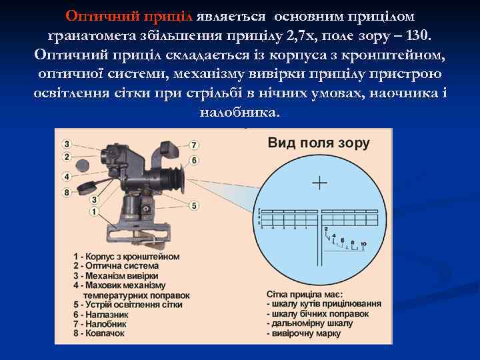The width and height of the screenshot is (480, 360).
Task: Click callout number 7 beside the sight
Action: pos(194,145)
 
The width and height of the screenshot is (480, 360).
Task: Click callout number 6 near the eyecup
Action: pos(194,160)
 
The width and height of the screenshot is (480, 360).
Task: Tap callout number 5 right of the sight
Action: pos(194,205)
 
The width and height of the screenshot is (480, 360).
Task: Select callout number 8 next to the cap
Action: pos(67,193)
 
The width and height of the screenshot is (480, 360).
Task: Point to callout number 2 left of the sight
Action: pos(67,157)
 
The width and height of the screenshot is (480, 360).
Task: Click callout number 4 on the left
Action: pos(67,177)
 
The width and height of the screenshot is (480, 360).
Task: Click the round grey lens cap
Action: pos(84,164)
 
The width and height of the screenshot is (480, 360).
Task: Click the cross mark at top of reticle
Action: pos(320,182)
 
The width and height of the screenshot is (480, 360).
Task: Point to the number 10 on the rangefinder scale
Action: pos(363,245)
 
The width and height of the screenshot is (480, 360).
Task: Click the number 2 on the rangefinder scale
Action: pos(326,229)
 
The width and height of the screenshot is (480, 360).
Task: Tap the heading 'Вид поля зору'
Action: pos(319,143)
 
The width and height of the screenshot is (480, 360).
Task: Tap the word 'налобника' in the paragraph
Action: pos(239,111)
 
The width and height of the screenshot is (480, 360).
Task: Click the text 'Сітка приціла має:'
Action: pos(305,294)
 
